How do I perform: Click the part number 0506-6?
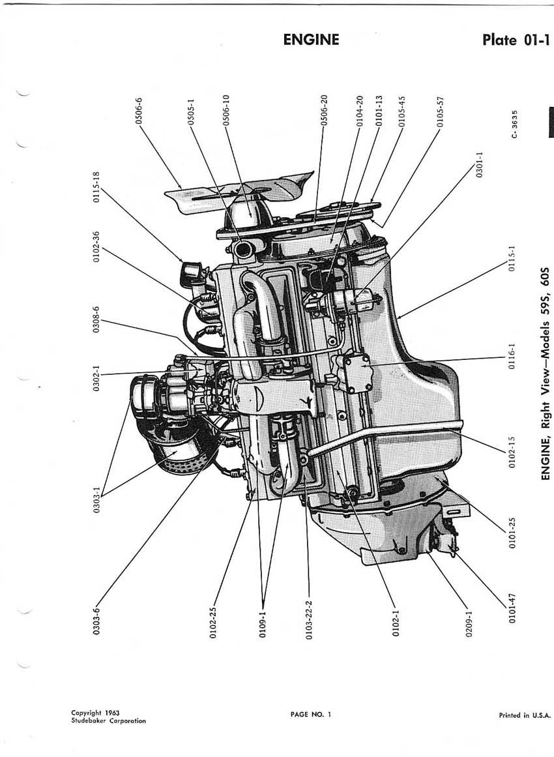[x=139, y=111]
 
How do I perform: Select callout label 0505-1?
[x=190, y=113]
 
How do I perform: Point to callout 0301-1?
[x=479, y=165]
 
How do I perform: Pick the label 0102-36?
[x=96, y=246]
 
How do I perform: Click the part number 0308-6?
[x=96, y=319]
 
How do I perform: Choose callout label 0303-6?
[x=97, y=619]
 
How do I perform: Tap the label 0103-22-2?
[x=309, y=620]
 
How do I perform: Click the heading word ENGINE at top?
[x=312, y=39]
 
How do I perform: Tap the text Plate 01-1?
[x=516, y=40]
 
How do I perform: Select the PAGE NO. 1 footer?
[x=311, y=715]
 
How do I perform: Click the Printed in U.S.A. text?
[x=525, y=715]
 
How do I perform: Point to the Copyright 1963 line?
[x=95, y=713]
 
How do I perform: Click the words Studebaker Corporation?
[x=108, y=720]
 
